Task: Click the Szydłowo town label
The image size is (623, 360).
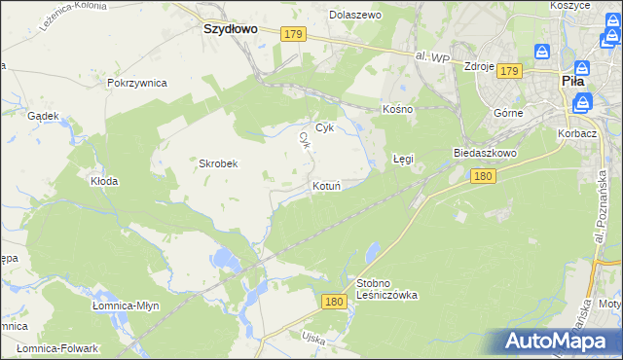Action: pos(230,29)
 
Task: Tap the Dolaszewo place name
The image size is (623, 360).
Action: pos(355,16)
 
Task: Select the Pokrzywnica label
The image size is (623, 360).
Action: pos(137,83)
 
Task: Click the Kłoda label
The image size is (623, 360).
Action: pos(104,181)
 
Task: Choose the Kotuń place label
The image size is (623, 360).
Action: pos(326,186)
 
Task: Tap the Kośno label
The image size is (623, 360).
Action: pos(398,109)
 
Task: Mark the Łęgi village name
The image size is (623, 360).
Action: pos(403,158)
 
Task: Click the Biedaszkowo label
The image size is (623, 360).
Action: pos(484,154)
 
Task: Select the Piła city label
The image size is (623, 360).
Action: pos(573,83)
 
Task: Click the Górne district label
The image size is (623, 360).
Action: pos(508,113)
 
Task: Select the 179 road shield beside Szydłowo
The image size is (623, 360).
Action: pos(293,34)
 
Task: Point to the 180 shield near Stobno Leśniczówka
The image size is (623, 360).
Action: pos(334,303)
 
